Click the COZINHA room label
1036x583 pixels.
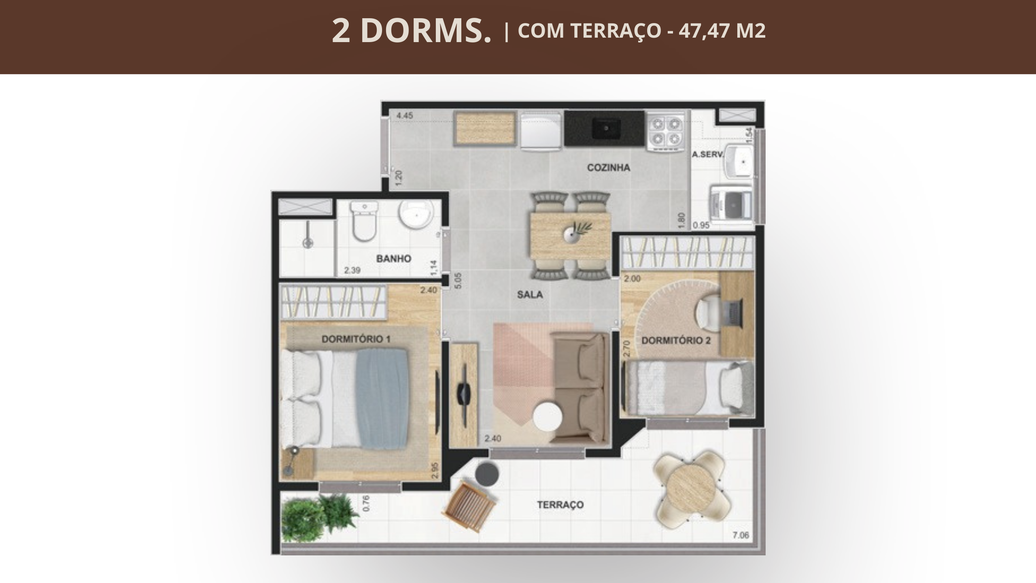pos(609,167)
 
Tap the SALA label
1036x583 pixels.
pos(530,295)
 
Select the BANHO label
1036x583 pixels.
pos(394,259)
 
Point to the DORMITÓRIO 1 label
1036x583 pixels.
pos(356,339)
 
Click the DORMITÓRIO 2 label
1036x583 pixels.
pos(676,340)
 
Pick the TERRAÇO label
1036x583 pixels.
pos(560,504)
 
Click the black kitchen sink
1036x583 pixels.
pos(606,128)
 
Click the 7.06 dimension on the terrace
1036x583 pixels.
pos(741,535)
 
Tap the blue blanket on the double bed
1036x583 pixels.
pos(382,399)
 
